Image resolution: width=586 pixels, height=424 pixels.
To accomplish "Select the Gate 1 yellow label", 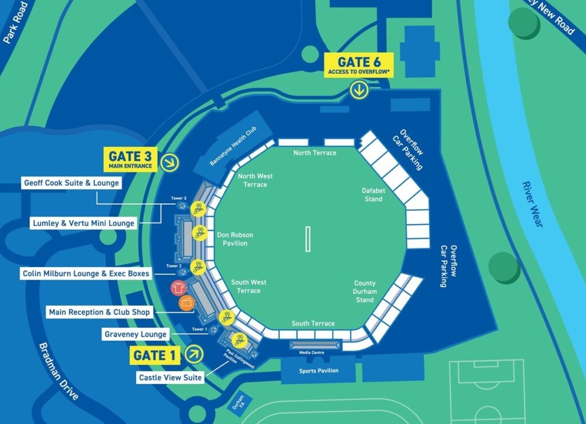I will (x=155, y=355).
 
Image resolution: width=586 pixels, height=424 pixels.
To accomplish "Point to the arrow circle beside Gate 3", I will (x=169, y=163).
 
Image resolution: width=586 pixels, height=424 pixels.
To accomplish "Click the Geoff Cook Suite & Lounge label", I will (x=72, y=183).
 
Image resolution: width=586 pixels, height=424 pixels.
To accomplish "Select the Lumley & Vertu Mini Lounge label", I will (x=84, y=223).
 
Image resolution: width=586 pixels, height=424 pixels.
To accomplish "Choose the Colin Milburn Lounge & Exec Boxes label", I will (x=86, y=274).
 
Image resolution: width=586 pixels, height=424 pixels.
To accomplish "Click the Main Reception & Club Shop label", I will (x=100, y=312).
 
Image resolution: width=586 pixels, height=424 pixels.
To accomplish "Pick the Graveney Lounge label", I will (x=135, y=334).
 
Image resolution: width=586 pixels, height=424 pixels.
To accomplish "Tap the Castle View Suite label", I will (x=171, y=378).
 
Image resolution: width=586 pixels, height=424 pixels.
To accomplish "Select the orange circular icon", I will (x=186, y=303).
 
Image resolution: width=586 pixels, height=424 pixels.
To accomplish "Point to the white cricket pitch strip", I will (x=308, y=239).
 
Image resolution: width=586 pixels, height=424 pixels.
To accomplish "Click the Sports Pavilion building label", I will (x=319, y=371).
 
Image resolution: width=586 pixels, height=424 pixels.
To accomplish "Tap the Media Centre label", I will (x=311, y=352).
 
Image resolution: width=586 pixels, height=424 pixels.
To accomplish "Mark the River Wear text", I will (x=532, y=204).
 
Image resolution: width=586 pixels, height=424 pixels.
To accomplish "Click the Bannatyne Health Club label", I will (x=233, y=147).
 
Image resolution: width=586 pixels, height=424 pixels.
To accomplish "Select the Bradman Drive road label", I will (x=60, y=372).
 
